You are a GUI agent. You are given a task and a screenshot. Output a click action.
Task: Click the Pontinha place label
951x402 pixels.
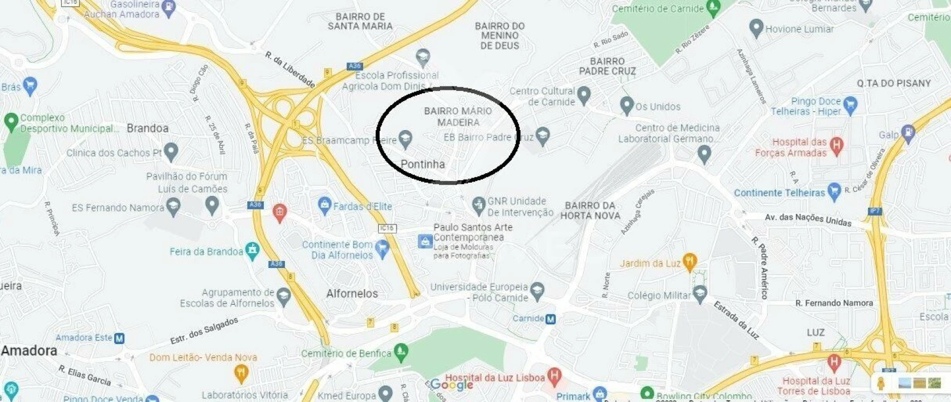tap(423, 164)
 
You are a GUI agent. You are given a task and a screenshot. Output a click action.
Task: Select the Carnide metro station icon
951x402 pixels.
tap(551, 319)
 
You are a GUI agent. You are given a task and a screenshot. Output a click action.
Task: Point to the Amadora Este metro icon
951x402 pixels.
tap(119, 338)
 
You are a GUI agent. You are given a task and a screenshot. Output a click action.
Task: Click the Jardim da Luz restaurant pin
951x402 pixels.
tap(690, 262)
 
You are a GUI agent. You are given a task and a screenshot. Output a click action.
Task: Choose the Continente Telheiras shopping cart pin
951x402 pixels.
tap(834, 191)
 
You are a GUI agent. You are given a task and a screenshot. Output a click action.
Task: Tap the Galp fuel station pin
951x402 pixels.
tap(909, 133)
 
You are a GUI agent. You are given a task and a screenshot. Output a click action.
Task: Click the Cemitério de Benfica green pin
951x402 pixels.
tap(400, 352)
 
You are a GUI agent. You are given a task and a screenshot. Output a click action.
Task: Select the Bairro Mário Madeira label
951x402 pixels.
tap(458, 117)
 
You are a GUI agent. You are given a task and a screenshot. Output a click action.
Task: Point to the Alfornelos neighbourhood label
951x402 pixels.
tap(352, 294)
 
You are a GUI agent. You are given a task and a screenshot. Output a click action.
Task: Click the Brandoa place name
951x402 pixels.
tap(147, 128)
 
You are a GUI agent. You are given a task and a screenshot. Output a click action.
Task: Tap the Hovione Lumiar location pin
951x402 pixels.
tap(756, 28)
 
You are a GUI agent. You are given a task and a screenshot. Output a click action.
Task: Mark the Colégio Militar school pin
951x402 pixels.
tap(700, 293)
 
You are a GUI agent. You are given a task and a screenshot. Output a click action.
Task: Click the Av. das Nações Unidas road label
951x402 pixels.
tap(808, 219)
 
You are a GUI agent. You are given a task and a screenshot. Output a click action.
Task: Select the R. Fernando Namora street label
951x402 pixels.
tap(834, 303)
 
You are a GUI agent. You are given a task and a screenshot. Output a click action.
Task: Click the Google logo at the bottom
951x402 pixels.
tap(451, 384)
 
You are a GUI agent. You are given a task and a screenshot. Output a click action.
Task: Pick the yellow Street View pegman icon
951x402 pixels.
tap(881, 383)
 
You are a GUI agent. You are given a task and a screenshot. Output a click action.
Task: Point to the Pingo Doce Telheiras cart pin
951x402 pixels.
tap(850, 104)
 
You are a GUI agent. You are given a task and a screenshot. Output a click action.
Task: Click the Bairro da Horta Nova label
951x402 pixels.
tap(590, 210)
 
